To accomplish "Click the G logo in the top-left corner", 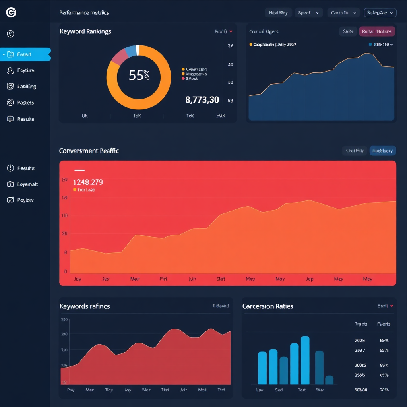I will (x=11, y=13).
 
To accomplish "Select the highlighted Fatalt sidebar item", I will (x=25, y=54).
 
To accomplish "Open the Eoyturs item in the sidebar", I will (x=25, y=70).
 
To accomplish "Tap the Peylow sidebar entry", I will (x=25, y=200).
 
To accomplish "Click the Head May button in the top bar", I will (x=278, y=13).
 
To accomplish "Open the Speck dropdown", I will (x=308, y=13).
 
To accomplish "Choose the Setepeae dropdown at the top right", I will (x=380, y=13).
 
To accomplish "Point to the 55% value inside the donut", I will (x=139, y=75).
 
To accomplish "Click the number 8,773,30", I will (x=202, y=100).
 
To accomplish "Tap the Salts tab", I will (x=348, y=31).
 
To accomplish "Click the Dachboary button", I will (x=382, y=151).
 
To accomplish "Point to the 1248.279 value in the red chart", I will (x=88, y=182).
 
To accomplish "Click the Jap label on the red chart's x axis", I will (x=309, y=279).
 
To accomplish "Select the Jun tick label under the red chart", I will (x=192, y=279).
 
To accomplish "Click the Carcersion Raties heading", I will (x=267, y=306).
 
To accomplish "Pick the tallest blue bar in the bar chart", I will (x=305, y=360).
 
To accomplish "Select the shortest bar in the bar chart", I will (x=329, y=380).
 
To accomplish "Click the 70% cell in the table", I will (x=384, y=390).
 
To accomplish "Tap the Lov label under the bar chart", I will (x=260, y=390).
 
